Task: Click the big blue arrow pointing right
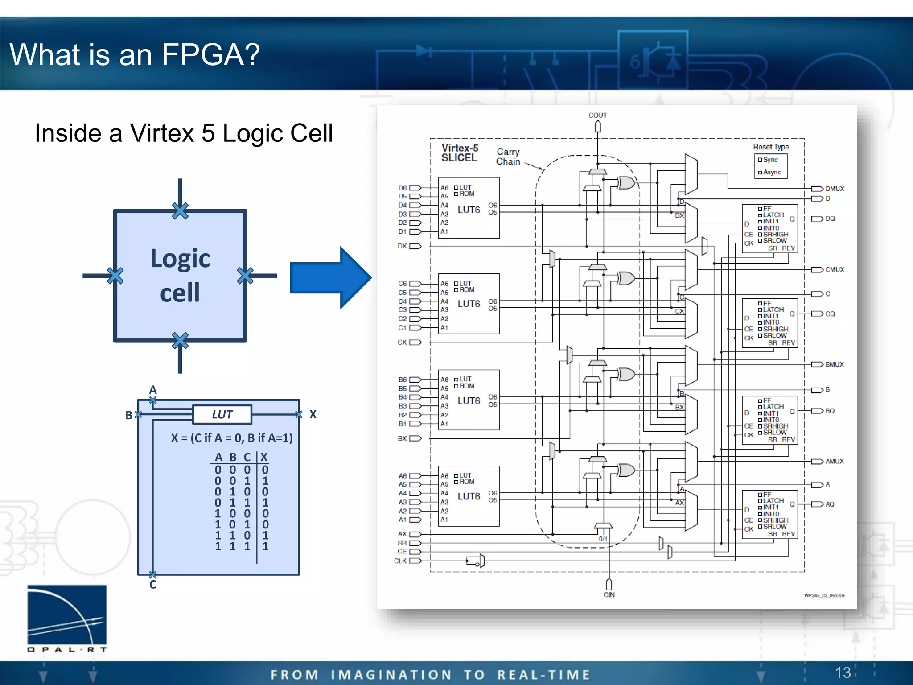click(x=330, y=277)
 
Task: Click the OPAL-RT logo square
click(x=67, y=615)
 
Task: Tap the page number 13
click(x=843, y=673)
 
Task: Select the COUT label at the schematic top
click(x=597, y=115)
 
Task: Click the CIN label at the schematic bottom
click(x=609, y=595)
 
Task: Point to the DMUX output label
click(x=835, y=189)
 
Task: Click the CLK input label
click(x=400, y=561)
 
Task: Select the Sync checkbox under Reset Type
click(x=760, y=160)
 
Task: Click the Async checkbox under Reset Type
click(x=760, y=173)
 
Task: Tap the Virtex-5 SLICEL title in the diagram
click(x=460, y=153)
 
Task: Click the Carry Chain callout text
click(x=508, y=157)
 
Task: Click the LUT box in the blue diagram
click(x=222, y=414)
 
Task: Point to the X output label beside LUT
click(x=313, y=414)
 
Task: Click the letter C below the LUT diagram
click(x=152, y=585)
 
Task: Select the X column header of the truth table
click(x=264, y=457)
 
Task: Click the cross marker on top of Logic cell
click(x=180, y=211)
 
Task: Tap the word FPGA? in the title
click(x=210, y=54)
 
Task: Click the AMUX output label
click(x=834, y=461)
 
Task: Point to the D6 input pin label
click(x=402, y=188)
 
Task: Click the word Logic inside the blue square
click(x=180, y=259)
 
